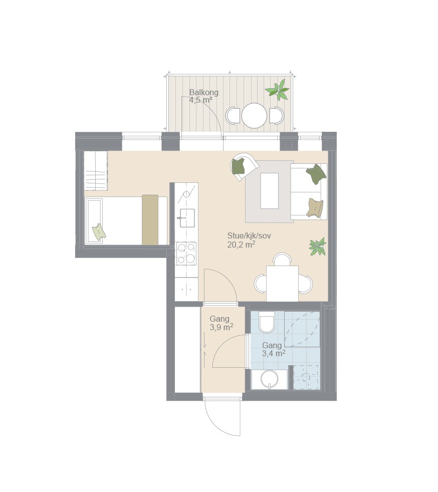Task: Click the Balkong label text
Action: pos(203,93)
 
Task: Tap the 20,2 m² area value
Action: pos(241,244)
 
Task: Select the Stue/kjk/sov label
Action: pos(249,235)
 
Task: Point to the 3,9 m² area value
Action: pos(221,327)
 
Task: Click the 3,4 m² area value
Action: pos(274,353)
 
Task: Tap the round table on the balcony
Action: pos(254,115)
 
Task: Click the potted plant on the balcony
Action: pos(277,90)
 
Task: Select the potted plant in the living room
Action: pos(317,247)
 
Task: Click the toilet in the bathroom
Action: pos(267,322)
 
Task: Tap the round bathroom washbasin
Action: pos(270,379)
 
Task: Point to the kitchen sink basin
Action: pos(187,218)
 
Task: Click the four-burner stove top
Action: pos(186,254)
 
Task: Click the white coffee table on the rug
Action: pos(270,191)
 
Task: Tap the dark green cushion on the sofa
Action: pos(316,174)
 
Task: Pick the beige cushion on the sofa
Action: pos(315,207)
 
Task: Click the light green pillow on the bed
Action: pos(99,232)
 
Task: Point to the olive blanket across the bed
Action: pos(150,219)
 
